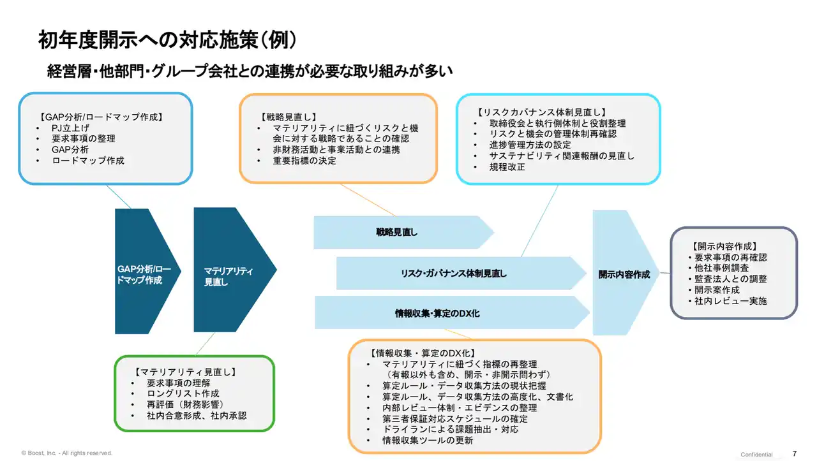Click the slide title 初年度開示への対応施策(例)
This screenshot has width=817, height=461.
coord(167,40)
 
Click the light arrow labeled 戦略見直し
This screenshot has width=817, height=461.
coord(397,232)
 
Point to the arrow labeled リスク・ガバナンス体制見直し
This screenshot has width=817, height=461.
coord(454,274)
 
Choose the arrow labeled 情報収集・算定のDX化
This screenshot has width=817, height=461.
coord(437,313)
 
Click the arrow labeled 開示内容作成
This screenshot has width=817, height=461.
coord(624,274)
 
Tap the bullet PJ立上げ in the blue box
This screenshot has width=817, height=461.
coord(70,128)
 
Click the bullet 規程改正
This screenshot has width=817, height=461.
coord(507,166)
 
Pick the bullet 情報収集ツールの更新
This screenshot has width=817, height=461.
coord(428,441)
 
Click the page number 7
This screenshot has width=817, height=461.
coord(794,453)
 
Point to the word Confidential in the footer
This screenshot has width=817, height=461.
coord(756,454)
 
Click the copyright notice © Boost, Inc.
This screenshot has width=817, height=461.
coord(66,453)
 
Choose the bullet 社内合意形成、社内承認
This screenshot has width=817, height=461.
coord(196,416)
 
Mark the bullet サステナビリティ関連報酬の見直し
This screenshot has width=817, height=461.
coord(562,156)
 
